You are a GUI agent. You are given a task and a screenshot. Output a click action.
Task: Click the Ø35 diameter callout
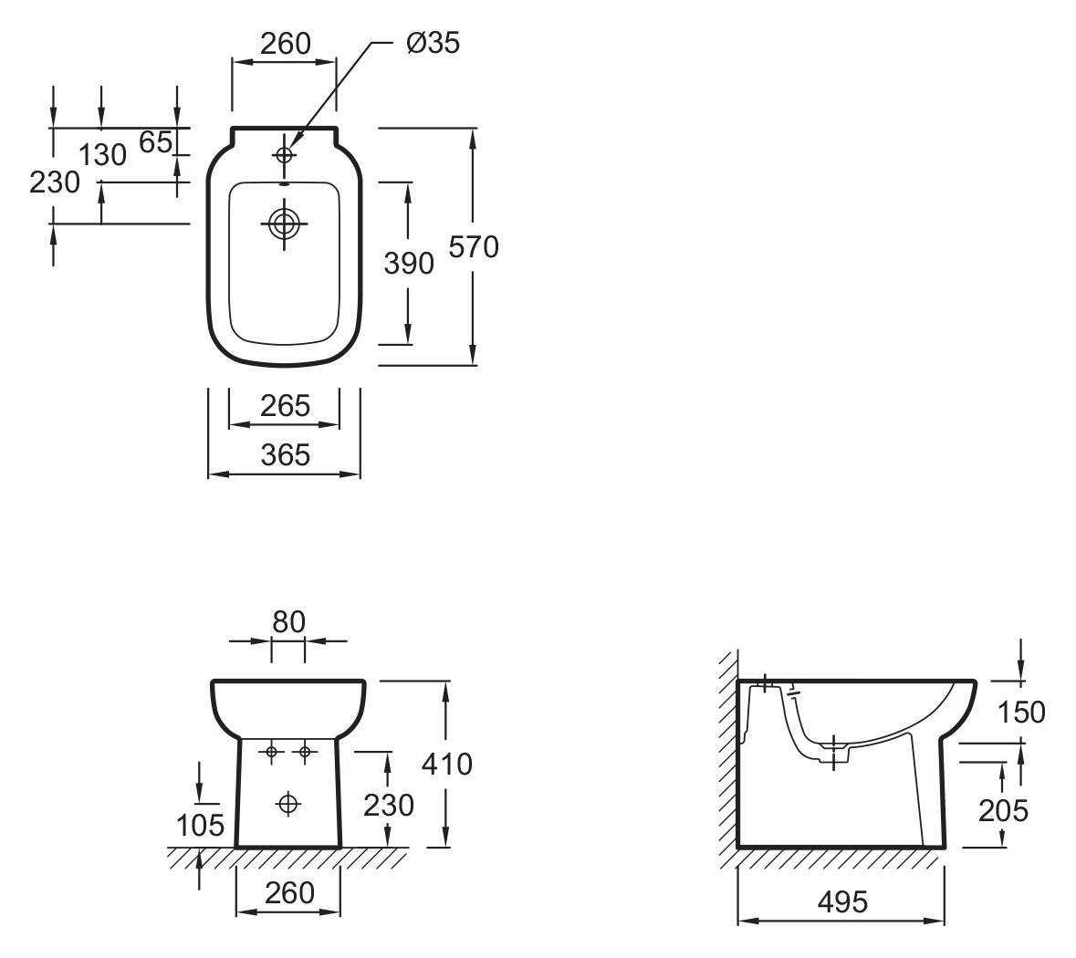pyautogui.click(x=433, y=43)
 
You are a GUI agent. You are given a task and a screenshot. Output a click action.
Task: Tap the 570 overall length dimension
pyautogui.click(x=474, y=247)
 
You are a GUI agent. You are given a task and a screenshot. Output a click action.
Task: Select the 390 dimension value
pyautogui.click(x=409, y=264)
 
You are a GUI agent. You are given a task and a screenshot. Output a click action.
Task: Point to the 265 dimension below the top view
pyautogui.click(x=286, y=406)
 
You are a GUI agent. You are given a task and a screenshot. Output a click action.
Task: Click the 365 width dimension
pyautogui.click(x=286, y=455)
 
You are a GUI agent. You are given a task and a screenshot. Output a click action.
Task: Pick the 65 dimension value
pyautogui.click(x=155, y=142)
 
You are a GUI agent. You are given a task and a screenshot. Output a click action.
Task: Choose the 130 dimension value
pyautogui.click(x=102, y=155)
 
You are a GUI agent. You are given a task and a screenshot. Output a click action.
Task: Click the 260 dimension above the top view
pyautogui.click(x=286, y=44)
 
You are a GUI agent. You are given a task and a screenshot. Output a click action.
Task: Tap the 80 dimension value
pyautogui.click(x=288, y=622)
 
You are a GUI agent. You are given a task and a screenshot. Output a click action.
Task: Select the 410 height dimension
pyautogui.click(x=447, y=764)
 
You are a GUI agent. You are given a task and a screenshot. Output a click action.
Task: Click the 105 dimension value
pyautogui.click(x=201, y=826)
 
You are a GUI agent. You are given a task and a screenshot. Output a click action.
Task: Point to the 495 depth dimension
pyautogui.click(x=842, y=901)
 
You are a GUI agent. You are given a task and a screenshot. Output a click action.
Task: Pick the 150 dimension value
pyautogui.click(x=1021, y=713)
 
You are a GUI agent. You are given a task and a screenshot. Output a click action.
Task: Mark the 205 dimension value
pyautogui.click(x=1003, y=811)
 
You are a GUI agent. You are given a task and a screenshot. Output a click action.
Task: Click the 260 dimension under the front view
pyautogui.click(x=289, y=893)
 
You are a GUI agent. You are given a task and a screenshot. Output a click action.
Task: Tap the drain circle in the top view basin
pyautogui.click(x=284, y=224)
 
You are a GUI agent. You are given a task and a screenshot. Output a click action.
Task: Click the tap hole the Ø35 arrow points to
pyautogui.click(x=284, y=155)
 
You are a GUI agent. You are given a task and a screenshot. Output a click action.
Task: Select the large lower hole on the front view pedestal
pyautogui.click(x=288, y=803)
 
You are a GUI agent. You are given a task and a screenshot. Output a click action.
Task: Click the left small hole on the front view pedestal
pyautogui.click(x=272, y=752)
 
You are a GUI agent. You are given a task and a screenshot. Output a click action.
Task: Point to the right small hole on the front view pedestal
pyautogui.click(x=305, y=752)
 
